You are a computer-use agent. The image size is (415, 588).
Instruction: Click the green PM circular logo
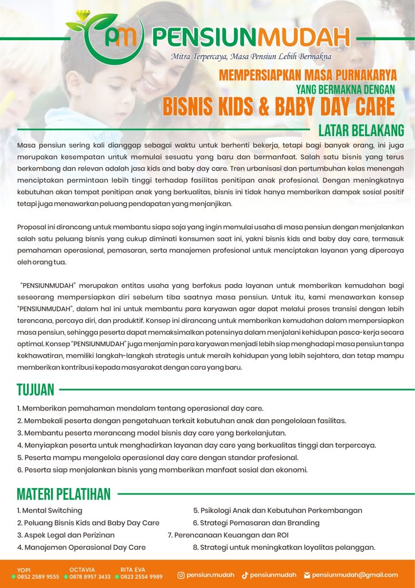[x=118, y=38]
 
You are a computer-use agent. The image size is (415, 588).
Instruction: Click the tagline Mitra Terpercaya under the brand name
[x=250, y=56]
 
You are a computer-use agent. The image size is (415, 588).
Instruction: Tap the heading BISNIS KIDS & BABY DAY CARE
[x=279, y=106]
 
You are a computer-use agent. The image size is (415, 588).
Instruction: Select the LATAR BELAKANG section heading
[x=361, y=130]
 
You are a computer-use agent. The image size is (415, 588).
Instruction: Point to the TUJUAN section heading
[x=36, y=390]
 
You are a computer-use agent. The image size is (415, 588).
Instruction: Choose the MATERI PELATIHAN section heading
[x=64, y=494]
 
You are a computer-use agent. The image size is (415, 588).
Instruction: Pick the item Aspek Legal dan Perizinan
[x=65, y=535]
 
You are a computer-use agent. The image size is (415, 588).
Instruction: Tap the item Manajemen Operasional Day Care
[x=81, y=547]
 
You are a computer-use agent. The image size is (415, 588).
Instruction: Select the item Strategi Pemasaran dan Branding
[x=256, y=523]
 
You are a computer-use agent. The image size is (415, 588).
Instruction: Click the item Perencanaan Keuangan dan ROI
[x=228, y=535]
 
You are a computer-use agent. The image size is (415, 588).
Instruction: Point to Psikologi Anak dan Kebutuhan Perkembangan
[x=277, y=510]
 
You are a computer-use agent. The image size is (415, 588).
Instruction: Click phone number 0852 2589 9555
[x=38, y=577]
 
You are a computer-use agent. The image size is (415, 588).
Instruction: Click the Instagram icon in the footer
[x=181, y=575]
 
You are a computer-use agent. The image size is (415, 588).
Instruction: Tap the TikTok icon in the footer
[x=245, y=575]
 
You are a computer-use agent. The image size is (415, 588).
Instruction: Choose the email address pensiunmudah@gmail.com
[x=355, y=575]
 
